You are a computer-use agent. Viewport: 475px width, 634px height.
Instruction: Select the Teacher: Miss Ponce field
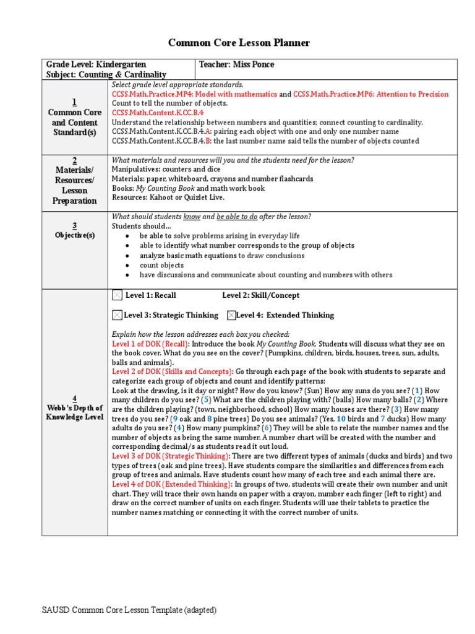236,64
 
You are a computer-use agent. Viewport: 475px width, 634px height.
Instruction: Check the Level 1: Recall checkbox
118,296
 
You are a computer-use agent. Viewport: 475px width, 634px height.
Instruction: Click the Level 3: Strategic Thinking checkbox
118,315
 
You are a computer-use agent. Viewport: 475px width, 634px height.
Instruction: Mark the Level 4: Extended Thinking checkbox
231,315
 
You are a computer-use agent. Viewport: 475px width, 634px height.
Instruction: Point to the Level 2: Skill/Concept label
260,296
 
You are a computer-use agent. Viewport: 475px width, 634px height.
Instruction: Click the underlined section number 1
75,102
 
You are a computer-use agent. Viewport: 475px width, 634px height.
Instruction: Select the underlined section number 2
75,160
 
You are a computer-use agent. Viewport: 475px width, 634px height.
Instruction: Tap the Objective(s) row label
75,235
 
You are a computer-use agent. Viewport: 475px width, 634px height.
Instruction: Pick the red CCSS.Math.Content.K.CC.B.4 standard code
158,113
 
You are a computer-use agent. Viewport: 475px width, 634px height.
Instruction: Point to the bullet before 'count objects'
127,265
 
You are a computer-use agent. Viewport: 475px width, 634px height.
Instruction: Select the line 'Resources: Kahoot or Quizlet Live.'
168,198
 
